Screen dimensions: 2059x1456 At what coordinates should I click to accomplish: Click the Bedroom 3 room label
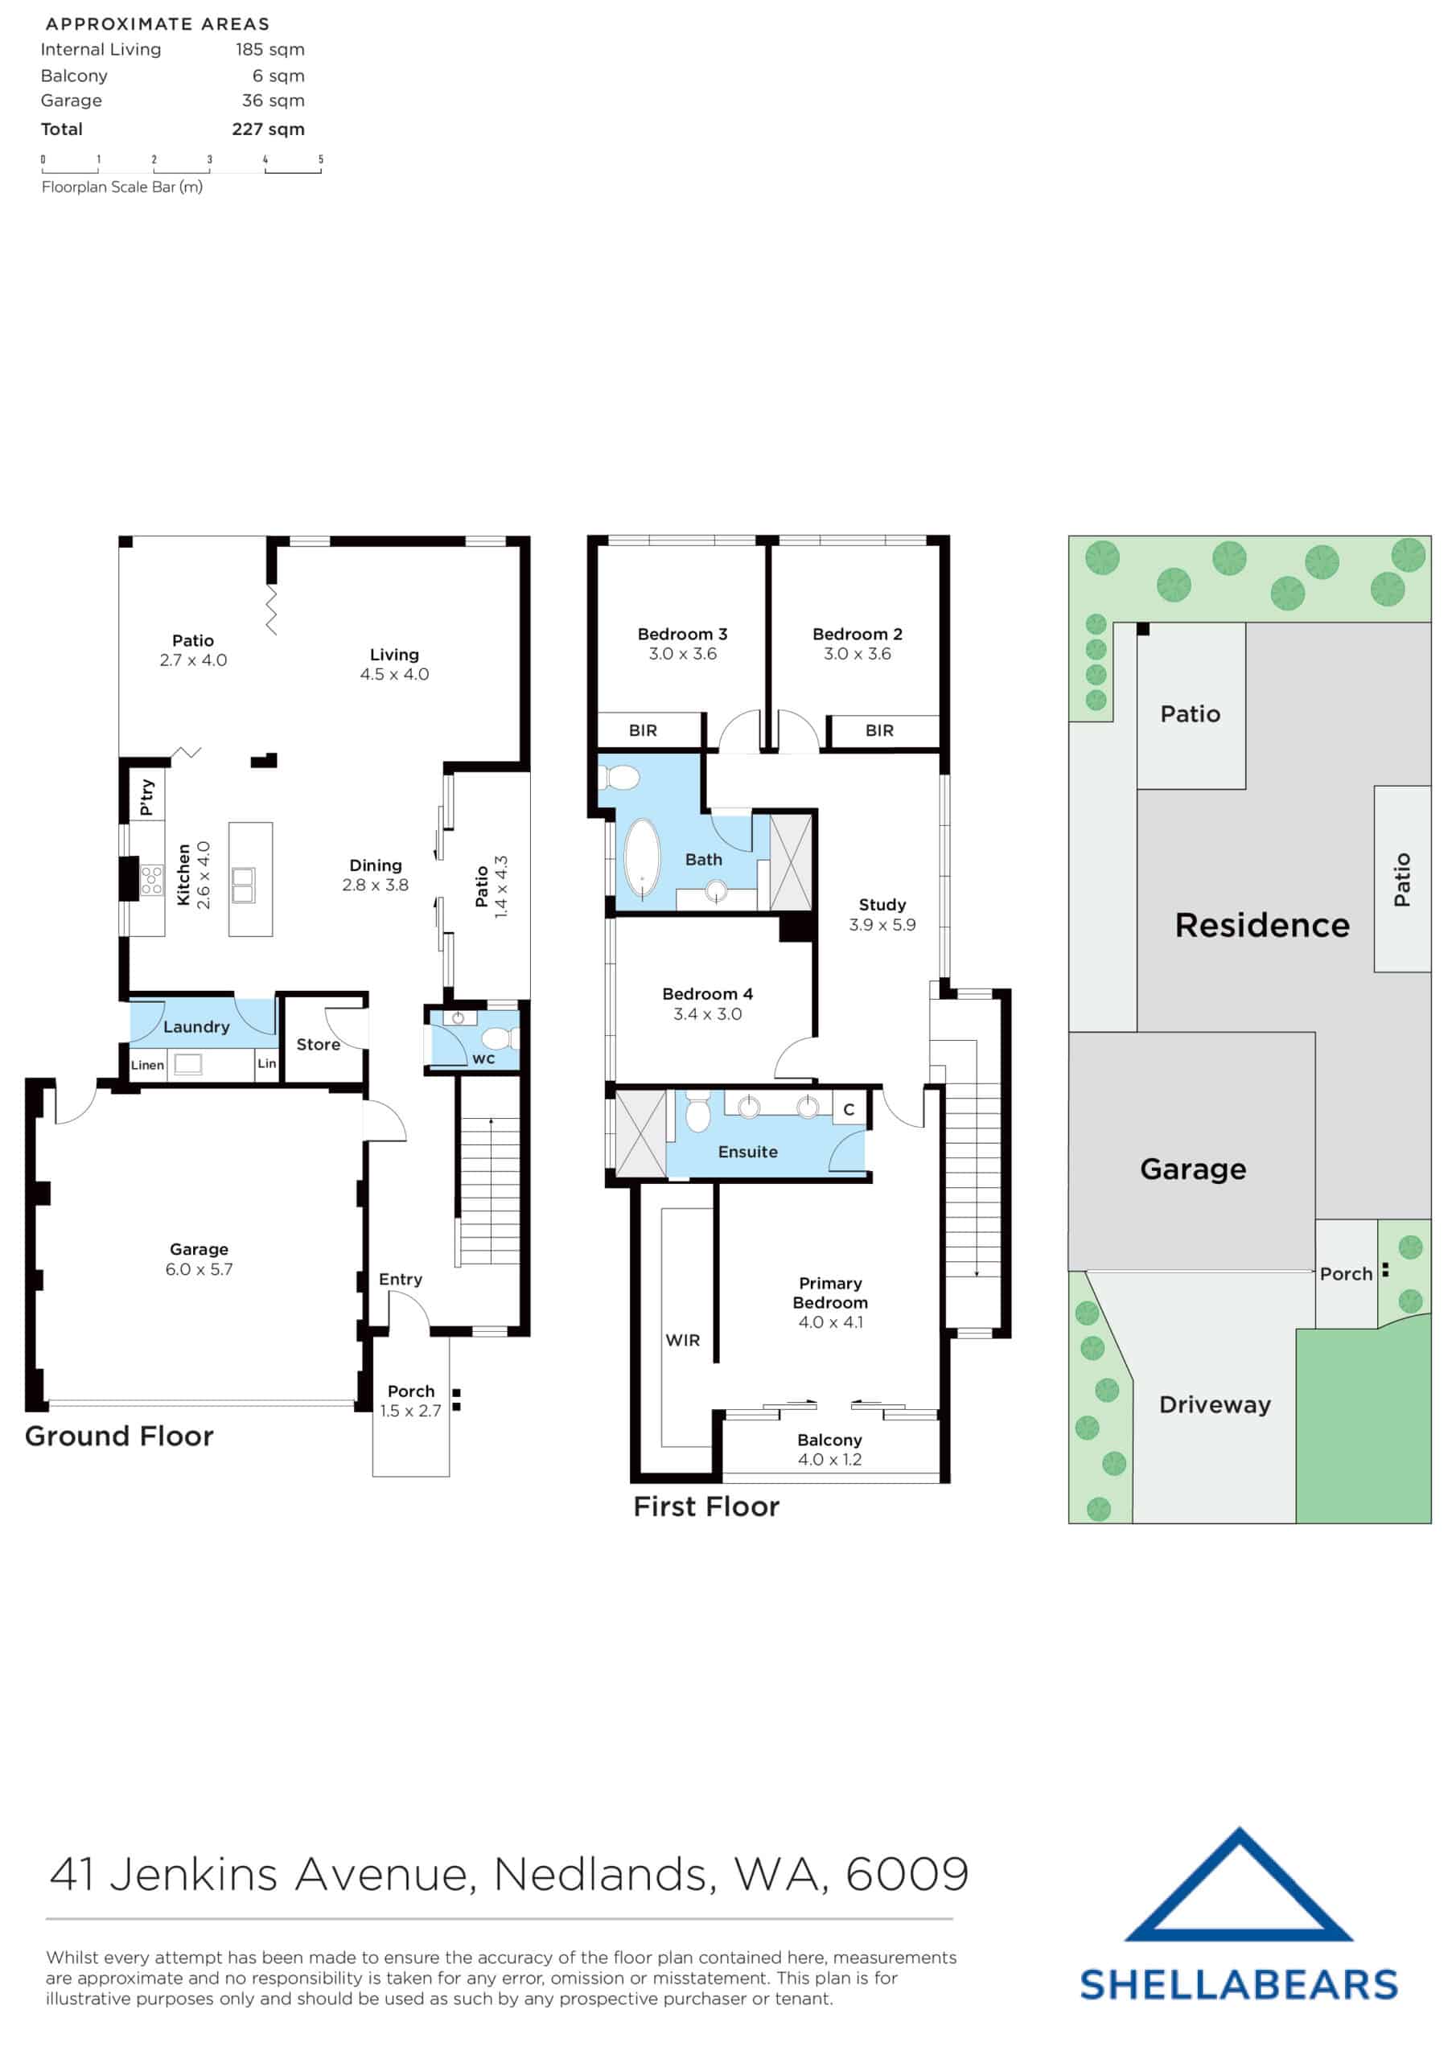pos(682,634)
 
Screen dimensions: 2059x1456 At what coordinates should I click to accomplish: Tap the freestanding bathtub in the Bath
pos(641,857)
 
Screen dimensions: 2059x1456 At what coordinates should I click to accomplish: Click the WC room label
pos(483,1059)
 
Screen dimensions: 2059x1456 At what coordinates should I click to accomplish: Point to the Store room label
pos(318,1045)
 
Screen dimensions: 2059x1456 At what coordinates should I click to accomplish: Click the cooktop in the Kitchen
pos(151,880)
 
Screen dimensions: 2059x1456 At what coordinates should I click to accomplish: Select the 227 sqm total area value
pos(267,129)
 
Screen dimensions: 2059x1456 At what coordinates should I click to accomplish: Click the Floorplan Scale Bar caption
pos(122,187)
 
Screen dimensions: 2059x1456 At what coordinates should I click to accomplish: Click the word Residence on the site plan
pos(1261,926)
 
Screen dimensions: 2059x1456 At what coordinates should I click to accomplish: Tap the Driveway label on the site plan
pos(1214,1404)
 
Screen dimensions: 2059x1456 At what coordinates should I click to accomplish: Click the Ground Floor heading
pos(119,1436)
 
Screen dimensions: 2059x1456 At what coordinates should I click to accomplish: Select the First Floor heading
pos(706,1506)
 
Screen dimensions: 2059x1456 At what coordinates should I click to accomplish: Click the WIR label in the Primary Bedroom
pos(682,1340)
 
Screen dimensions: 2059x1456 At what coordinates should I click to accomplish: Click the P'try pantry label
pos(146,796)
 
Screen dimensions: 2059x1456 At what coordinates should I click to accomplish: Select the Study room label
pos(882,905)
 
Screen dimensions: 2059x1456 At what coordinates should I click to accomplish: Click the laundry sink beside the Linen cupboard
pos(187,1064)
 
